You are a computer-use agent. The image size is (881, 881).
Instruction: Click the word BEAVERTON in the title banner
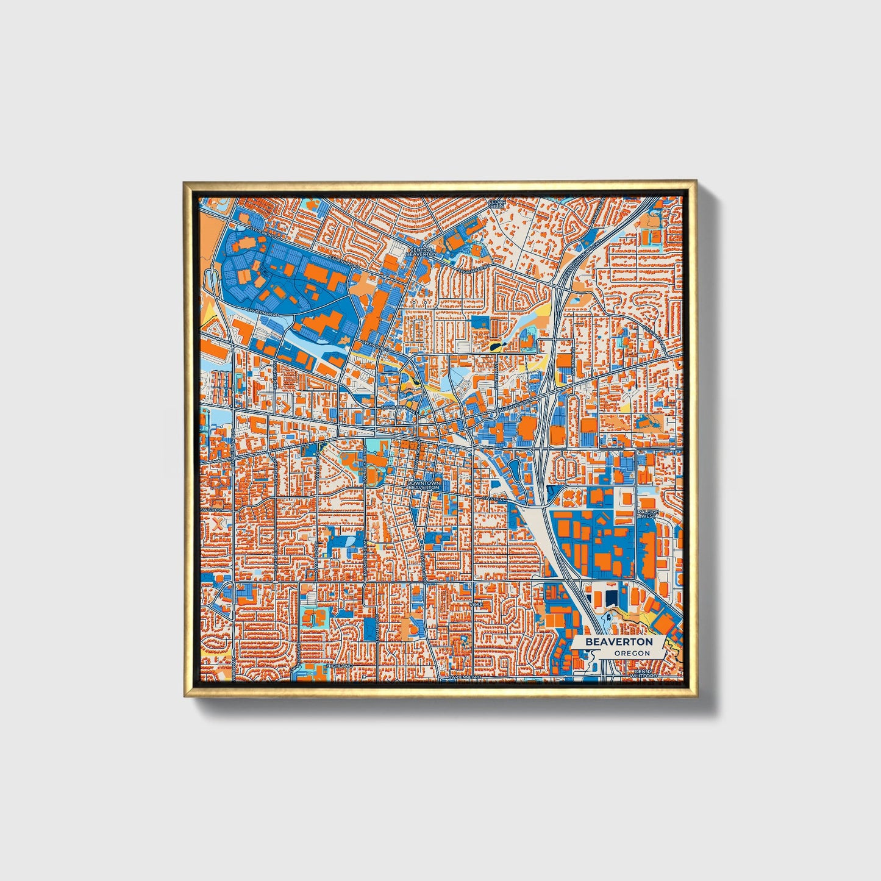click(x=619, y=642)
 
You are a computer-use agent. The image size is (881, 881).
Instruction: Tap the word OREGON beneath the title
click(x=632, y=654)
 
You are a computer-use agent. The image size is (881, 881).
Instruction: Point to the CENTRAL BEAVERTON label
click(x=423, y=252)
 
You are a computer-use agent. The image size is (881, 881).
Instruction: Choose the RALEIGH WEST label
click(x=648, y=514)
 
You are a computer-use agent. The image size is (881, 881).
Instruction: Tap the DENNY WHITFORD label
click(x=644, y=674)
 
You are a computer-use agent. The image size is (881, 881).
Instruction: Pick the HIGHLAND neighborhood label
click(x=339, y=666)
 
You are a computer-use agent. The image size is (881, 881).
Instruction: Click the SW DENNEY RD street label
click(x=465, y=677)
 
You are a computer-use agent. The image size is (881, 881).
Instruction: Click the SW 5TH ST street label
click(x=493, y=499)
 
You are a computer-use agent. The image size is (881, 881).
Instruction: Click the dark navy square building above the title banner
click(x=610, y=597)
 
